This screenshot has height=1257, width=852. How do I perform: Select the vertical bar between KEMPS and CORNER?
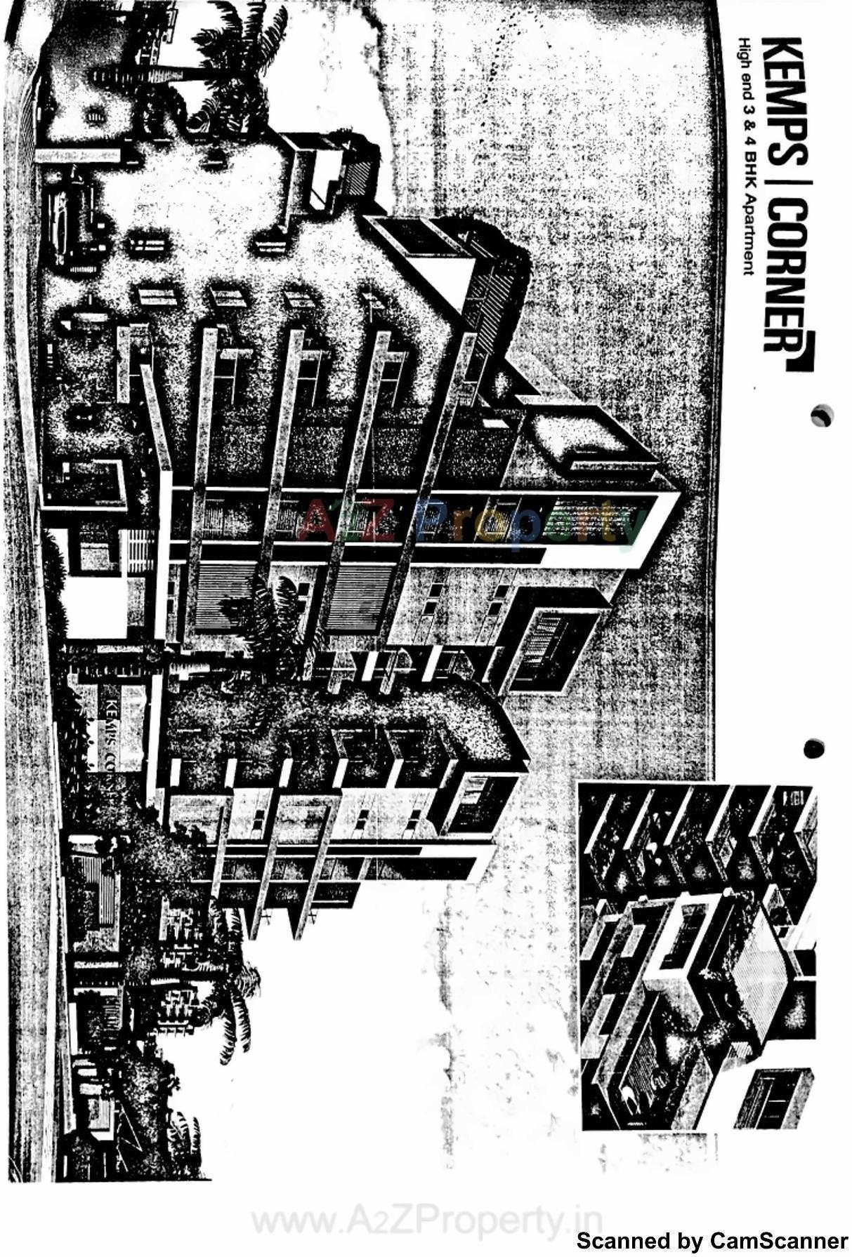point(782,181)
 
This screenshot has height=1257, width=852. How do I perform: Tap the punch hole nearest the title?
point(821,415)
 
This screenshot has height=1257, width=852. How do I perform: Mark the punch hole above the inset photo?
point(813,748)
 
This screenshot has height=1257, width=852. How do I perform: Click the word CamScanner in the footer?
point(779,1241)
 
